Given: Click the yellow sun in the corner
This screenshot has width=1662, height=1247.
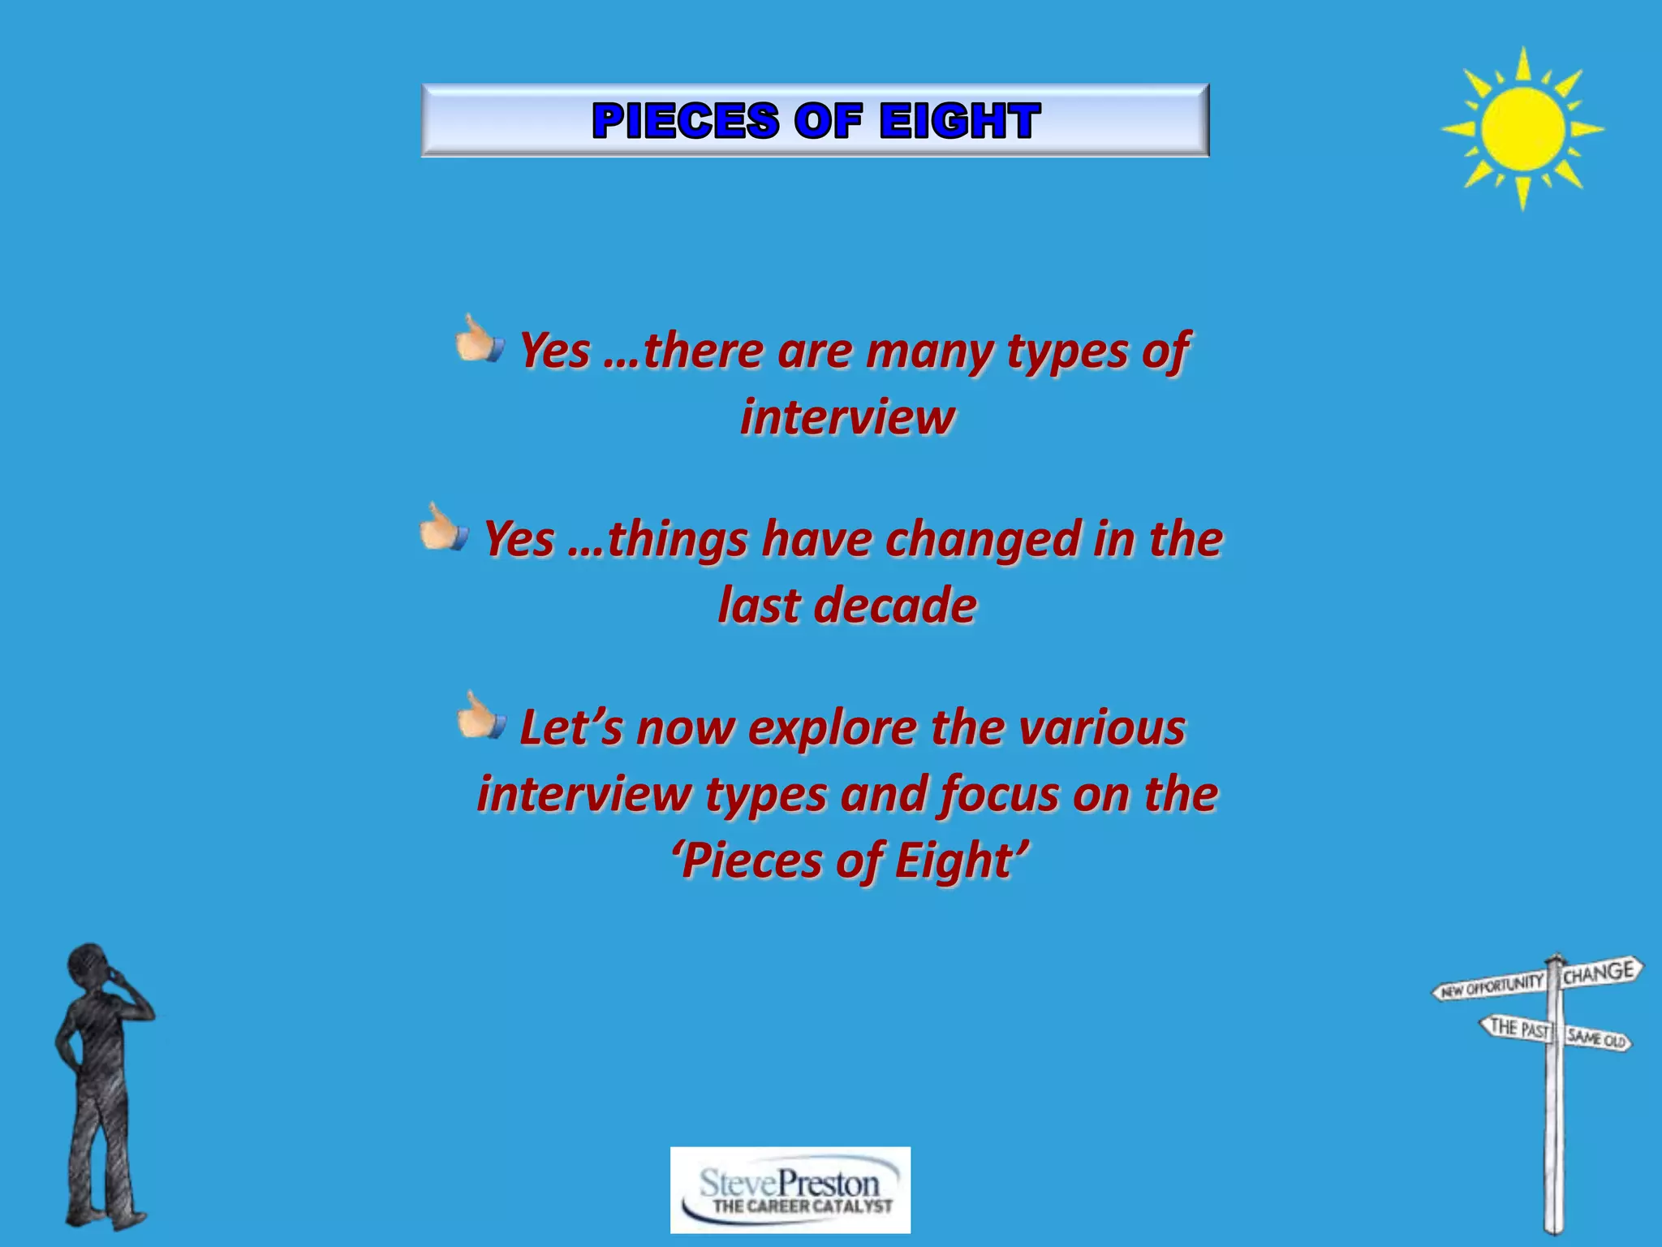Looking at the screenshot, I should point(1522,128).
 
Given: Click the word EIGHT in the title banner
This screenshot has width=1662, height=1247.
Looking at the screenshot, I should point(958,121).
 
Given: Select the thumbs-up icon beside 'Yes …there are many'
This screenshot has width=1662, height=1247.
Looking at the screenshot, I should point(480,339).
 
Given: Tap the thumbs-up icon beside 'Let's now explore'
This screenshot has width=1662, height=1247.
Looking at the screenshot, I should point(481,716).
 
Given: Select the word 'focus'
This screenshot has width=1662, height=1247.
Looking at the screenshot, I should point(998,794).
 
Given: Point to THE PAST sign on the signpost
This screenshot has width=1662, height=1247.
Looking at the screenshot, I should point(1516,1028).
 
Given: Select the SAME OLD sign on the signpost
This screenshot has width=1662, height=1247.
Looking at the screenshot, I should point(1597,1038).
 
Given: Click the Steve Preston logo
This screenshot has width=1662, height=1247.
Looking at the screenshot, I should point(790,1189).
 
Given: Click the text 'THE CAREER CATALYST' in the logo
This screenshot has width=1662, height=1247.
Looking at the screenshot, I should point(802,1206).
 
